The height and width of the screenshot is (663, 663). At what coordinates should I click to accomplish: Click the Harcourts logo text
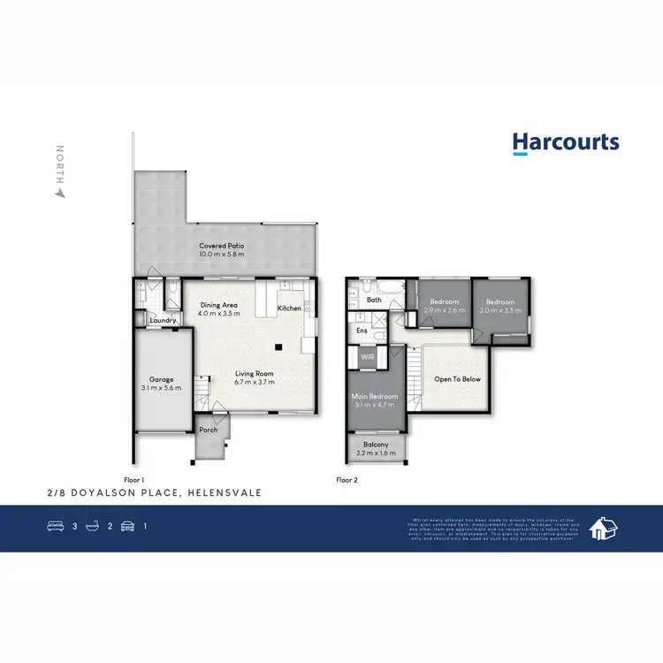tap(566, 143)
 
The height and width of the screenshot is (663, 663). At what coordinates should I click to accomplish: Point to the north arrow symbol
tap(60, 189)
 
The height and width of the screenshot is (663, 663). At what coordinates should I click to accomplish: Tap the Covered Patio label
tap(221, 246)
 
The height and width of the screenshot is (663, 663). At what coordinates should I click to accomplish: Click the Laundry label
tap(162, 320)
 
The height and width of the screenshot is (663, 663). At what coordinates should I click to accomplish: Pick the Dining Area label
tap(217, 305)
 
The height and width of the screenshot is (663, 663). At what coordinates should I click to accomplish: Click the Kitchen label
tap(289, 309)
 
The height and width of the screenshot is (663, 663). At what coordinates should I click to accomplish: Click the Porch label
tap(208, 431)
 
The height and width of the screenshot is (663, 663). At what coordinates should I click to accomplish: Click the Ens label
tap(362, 331)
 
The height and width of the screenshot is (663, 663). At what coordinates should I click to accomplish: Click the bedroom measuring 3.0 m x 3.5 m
tap(501, 306)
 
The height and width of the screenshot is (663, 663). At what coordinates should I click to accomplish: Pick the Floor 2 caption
tap(346, 479)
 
